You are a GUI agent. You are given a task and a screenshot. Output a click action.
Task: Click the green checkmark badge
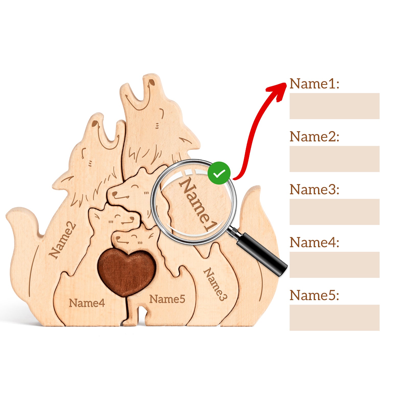pos(219,173)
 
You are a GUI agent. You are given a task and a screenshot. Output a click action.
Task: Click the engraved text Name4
pos(87,303)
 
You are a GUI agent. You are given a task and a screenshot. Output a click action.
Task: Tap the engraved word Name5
pos(167,299)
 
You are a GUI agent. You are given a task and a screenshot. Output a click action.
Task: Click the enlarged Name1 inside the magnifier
pos(198,204)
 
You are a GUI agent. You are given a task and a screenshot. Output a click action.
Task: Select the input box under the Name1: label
pos(334,106)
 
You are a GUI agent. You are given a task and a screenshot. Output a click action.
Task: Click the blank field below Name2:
pos(334,159)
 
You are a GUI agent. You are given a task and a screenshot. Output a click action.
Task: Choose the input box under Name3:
pos(334,212)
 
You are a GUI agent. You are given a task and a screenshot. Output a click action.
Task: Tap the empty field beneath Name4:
pos(334,265)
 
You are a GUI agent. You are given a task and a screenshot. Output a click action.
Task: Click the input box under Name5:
pos(334,317)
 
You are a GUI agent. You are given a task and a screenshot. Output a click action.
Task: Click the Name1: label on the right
pos(314,84)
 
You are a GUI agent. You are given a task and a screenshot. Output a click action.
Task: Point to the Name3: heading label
pos(314,189)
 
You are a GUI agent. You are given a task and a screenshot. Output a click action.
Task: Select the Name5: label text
pos(314,295)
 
